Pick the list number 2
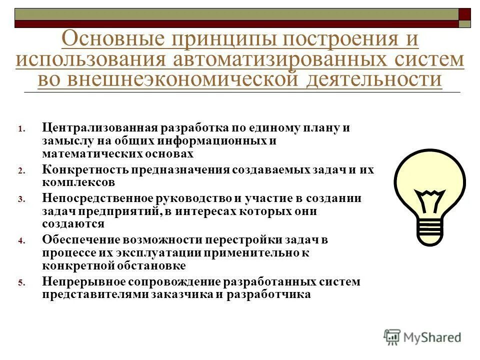(21, 171)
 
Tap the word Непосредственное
(97, 198)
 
